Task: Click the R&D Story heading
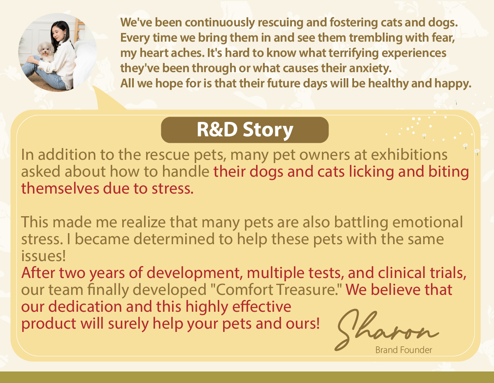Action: (x=245, y=130)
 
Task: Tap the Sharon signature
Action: (x=387, y=330)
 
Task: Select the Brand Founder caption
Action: (x=403, y=350)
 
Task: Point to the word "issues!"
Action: (x=43, y=256)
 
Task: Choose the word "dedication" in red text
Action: (x=85, y=306)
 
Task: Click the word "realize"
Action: (x=143, y=222)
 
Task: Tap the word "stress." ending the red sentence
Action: (x=172, y=189)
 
